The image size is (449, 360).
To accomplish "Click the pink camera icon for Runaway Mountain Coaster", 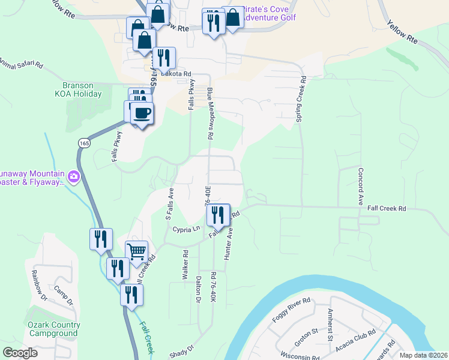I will [74, 176].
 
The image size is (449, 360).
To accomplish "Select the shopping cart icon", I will [137, 251].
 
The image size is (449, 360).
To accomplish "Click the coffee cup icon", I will [142, 113].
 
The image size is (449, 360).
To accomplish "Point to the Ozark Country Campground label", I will [52, 329].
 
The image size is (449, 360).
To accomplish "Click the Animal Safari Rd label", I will [22, 63].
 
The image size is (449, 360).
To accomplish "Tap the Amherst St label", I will [330, 325].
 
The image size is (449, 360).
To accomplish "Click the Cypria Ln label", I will [187, 229].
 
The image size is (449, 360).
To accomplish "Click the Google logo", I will [20, 353].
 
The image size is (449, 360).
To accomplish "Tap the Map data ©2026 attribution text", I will [424, 355].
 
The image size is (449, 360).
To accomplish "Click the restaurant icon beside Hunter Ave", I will [218, 214].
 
